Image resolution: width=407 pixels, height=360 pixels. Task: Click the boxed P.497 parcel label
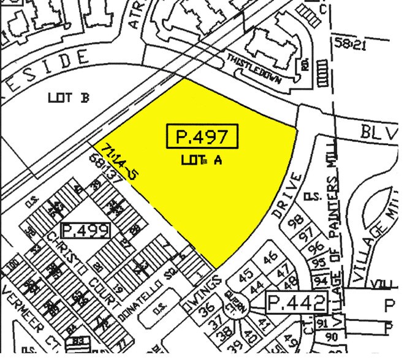coord(202,137)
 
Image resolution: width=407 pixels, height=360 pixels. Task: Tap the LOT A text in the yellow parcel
coord(201,160)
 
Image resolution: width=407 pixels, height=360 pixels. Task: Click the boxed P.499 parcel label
coord(89,231)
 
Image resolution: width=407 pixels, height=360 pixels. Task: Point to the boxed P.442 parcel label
coord(297,302)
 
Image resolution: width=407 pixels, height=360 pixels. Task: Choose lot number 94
coord(321,280)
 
